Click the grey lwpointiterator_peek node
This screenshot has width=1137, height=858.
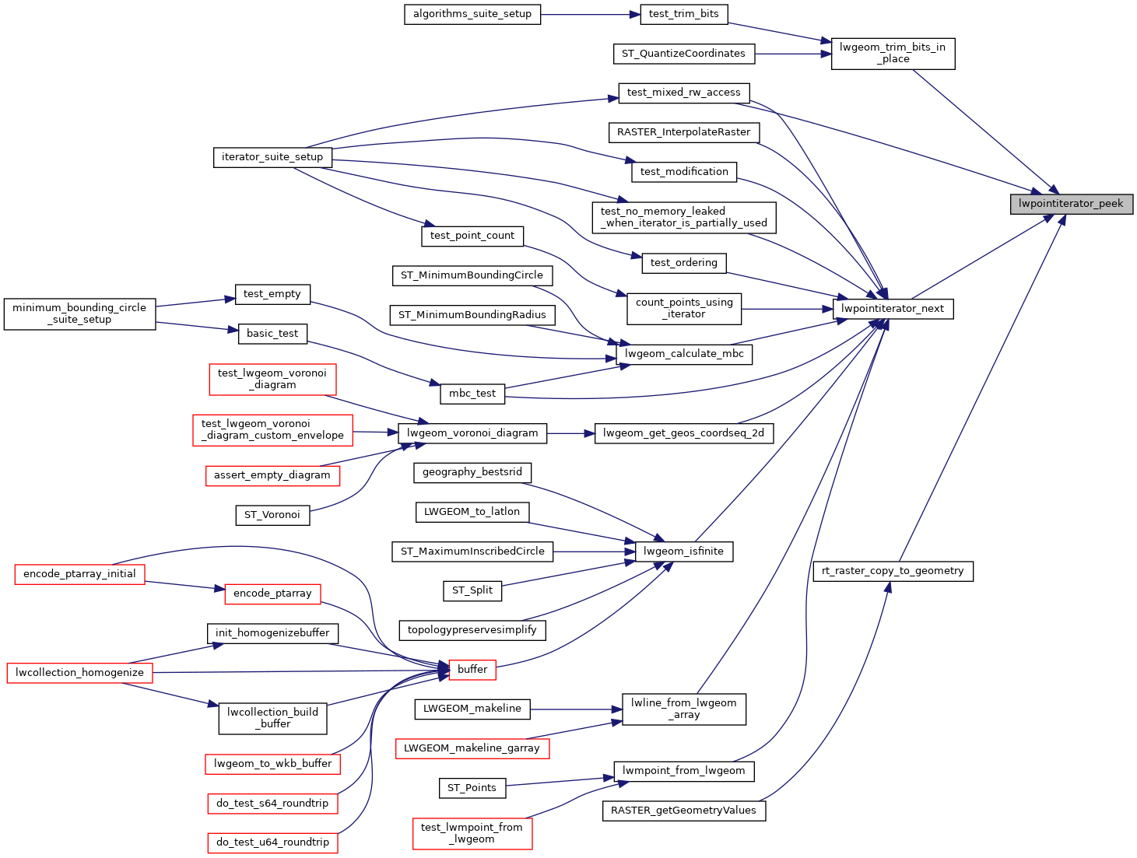point(1071,204)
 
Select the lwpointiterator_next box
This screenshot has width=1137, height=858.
point(893,309)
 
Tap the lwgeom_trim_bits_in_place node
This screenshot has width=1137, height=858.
point(893,54)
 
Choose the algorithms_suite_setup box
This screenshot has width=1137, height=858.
point(472,14)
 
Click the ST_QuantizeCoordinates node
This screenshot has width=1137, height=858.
point(683,54)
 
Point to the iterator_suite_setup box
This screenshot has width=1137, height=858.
point(272,157)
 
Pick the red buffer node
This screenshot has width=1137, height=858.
point(472,669)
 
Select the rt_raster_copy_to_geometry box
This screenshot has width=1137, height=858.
point(893,571)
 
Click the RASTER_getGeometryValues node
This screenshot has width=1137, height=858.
point(683,811)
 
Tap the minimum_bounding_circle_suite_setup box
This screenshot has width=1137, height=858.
point(79,313)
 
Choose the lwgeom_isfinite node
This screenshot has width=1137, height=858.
point(683,552)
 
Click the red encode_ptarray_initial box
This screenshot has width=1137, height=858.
point(79,574)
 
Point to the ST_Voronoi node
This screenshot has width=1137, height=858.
point(272,515)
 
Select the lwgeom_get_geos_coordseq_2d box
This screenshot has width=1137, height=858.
point(683,433)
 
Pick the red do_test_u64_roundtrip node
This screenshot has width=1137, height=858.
point(272,842)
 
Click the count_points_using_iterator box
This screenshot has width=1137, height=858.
point(684,308)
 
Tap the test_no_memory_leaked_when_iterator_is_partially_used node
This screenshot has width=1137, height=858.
point(684,217)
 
